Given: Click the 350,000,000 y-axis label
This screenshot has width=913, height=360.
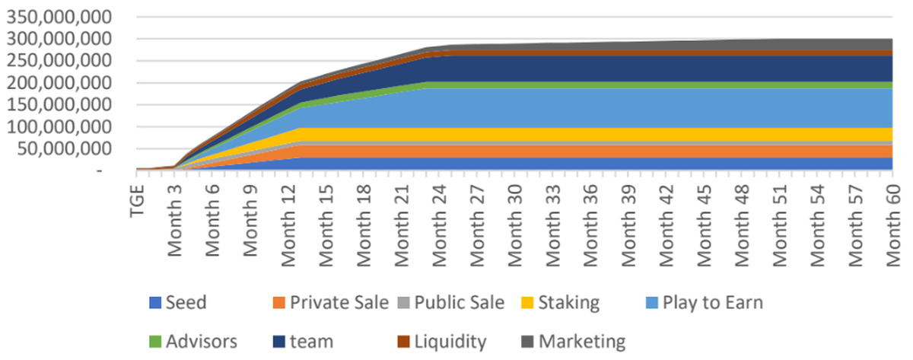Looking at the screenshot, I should pos(60,17).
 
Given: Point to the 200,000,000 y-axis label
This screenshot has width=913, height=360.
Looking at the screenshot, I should pos(60,83).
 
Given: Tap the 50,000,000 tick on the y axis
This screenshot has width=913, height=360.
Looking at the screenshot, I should pos(65,149).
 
